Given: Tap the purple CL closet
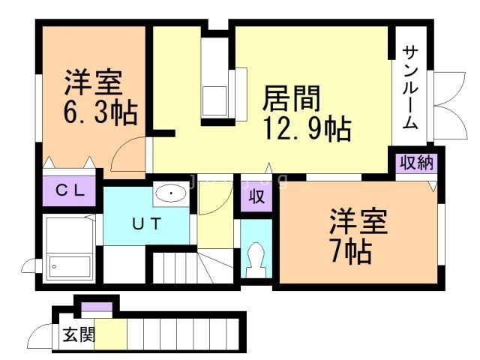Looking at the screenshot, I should tap(70, 190).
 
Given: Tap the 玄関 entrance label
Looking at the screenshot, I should tap(78, 334).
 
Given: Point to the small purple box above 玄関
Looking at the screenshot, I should tap(96, 306).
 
